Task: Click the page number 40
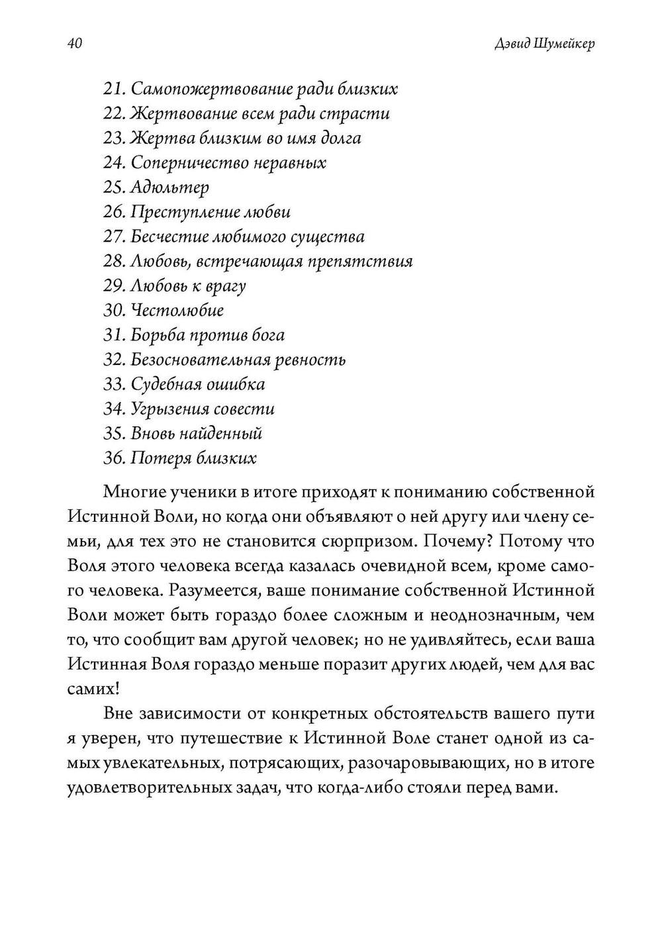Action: (74, 44)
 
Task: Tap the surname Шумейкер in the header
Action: (563, 44)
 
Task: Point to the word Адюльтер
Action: (170, 187)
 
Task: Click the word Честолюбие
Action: (177, 311)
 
